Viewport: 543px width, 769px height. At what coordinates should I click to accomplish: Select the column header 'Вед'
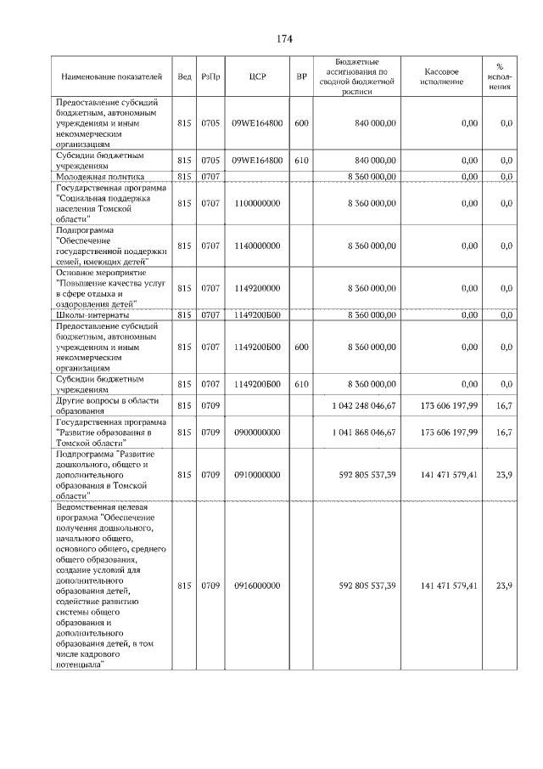click(x=184, y=76)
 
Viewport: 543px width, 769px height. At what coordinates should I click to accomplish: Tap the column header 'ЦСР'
click(x=258, y=76)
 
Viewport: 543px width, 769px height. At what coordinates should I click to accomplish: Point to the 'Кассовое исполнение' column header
click(x=441, y=76)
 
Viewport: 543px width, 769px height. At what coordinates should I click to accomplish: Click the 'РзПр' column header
click(x=211, y=76)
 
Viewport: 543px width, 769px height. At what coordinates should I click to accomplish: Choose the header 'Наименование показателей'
click(x=110, y=76)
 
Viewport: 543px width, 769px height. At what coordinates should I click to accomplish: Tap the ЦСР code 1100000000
click(x=258, y=204)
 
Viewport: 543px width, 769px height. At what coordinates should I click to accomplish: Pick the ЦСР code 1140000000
click(x=258, y=246)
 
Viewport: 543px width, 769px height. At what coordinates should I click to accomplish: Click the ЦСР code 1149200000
click(x=258, y=288)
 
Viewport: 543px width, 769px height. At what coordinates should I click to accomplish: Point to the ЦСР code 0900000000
click(x=258, y=432)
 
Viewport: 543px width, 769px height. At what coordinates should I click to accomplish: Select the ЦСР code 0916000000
click(x=258, y=585)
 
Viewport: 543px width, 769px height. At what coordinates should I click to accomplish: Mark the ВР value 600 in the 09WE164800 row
click(x=301, y=123)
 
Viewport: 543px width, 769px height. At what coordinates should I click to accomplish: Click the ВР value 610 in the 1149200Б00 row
click(x=301, y=383)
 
